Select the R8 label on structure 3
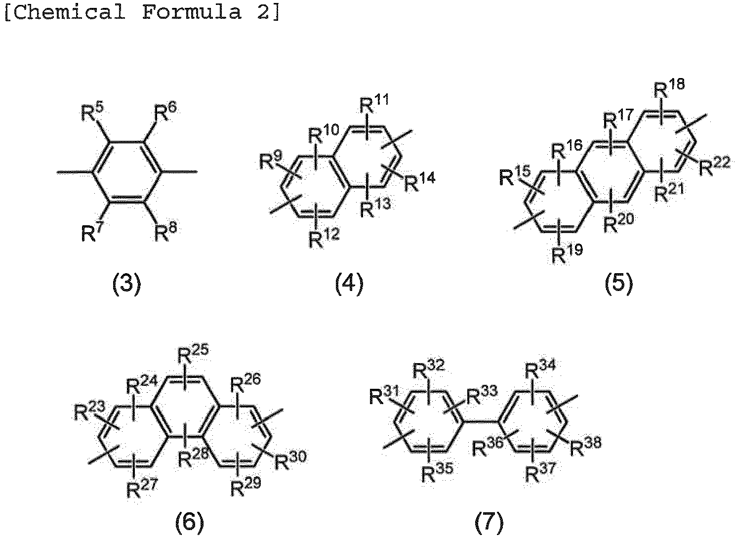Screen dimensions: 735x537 point(165,232)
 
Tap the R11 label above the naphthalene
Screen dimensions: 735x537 point(374,103)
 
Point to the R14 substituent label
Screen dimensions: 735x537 point(420,182)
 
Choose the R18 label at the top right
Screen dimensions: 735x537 point(669,88)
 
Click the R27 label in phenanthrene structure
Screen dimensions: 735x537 point(142,488)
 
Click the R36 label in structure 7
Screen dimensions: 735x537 point(488,447)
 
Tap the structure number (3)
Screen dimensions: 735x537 point(126,284)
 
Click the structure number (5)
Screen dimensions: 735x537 point(619,284)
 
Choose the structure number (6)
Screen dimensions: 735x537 point(190,522)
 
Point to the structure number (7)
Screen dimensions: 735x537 point(489,522)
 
